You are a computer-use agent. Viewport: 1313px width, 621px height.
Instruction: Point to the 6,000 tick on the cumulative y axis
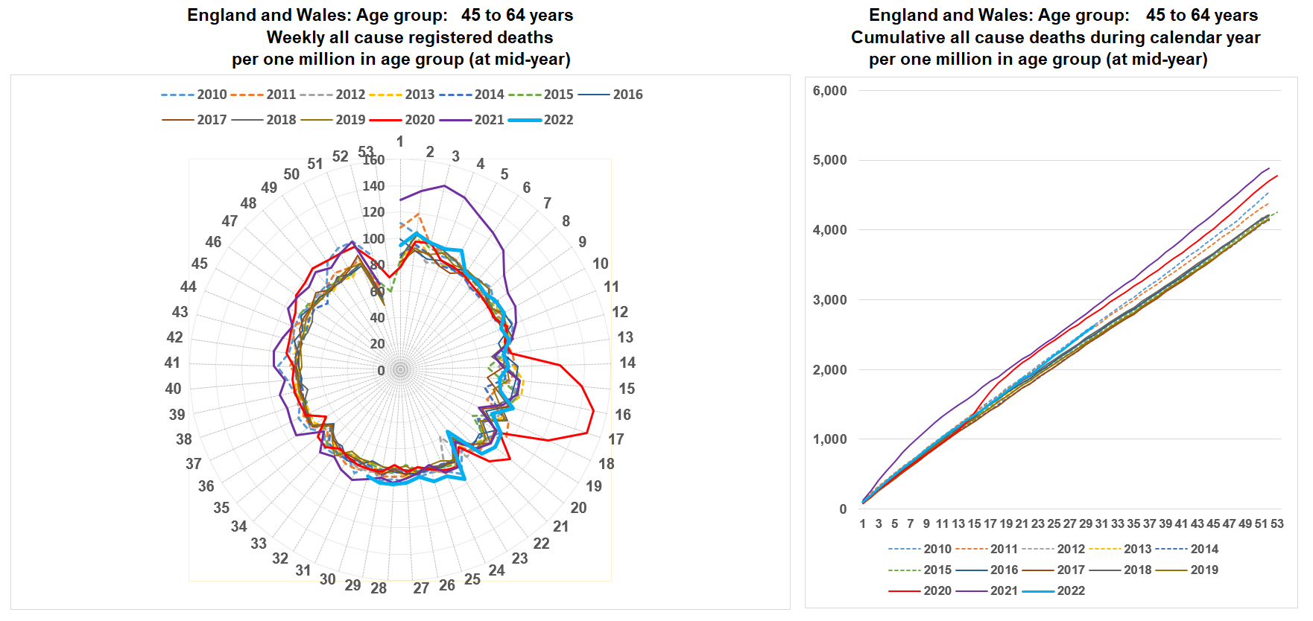pyautogui.click(x=829, y=91)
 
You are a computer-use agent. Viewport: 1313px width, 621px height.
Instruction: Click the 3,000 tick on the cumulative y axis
pyautogui.click(x=829, y=300)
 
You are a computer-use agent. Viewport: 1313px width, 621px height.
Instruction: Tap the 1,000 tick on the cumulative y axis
pyautogui.click(x=829, y=439)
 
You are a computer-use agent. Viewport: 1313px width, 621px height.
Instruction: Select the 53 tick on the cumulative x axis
pyautogui.click(x=1276, y=524)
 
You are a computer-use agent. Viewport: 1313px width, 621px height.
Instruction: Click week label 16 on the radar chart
pyautogui.click(x=623, y=415)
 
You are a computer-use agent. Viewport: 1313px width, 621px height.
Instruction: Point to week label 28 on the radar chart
pyautogui.click(x=379, y=588)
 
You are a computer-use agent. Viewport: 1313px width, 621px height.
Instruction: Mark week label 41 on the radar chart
pyautogui.click(x=172, y=363)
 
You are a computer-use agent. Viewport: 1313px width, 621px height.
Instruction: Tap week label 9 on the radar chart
pyautogui.click(x=582, y=242)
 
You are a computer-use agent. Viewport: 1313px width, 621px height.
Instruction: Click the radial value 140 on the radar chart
pyautogui.click(x=373, y=186)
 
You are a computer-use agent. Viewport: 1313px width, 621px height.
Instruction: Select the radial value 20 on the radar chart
pyautogui.click(x=378, y=344)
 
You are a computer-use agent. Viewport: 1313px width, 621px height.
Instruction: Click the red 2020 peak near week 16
pyautogui.click(x=593, y=411)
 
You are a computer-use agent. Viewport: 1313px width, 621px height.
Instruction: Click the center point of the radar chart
pyautogui.click(x=401, y=370)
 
